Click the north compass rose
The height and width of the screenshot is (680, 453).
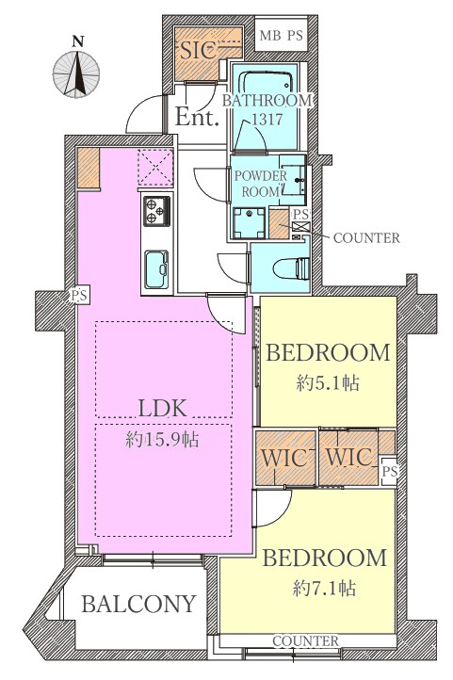point(76,74)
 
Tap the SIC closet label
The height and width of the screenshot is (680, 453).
point(198,51)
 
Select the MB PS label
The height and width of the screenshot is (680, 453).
point(281,36)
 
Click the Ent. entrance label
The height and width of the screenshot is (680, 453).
point(197,117)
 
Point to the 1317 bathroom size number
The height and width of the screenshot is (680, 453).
point(267,119)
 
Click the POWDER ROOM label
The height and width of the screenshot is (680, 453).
point(261,184)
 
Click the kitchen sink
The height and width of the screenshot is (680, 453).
point(156,269)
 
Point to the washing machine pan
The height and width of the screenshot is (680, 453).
point(249,223)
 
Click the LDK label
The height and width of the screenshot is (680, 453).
point(163,408)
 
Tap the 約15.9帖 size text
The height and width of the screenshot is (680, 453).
point(163,440)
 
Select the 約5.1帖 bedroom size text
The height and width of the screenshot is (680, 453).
point(328,383)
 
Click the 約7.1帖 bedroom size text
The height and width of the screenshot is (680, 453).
point(325,589)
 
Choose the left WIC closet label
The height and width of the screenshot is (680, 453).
point(284,458)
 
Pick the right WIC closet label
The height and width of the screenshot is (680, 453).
point(349,457)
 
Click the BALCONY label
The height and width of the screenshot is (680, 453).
point(138,604)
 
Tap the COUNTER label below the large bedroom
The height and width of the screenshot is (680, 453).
point(306,640)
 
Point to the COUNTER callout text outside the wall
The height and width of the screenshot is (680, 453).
point(366,237)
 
